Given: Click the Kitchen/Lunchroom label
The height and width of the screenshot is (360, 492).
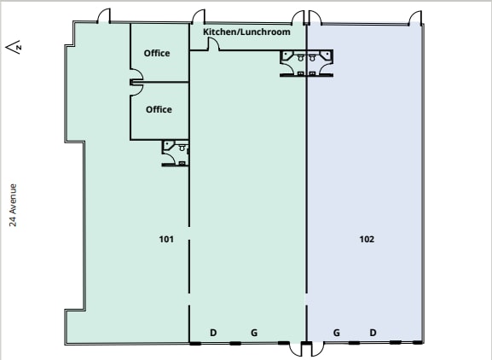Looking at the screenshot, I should tap(246, 32).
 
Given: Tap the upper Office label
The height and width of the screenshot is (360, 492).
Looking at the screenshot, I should tap(157, 53).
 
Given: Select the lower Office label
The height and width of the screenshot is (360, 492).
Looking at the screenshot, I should tap(159, 109).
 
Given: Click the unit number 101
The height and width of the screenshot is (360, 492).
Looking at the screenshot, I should tap(166, 240).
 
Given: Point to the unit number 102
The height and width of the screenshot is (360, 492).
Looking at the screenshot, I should tap(367, 240).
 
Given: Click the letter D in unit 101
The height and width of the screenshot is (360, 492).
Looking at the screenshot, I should tap(213, 332).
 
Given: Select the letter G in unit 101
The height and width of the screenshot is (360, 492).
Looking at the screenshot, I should tap(253, 332).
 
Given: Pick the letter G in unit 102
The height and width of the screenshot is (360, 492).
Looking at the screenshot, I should tap(337, 332).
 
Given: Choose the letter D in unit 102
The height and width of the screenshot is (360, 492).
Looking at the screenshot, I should tap(373, 332).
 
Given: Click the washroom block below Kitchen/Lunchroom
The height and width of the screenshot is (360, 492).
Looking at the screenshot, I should tap(306, 62).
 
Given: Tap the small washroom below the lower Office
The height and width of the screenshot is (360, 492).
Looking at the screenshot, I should tap(176, 152).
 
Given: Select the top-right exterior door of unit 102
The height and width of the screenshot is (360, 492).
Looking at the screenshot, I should tap(415, 18).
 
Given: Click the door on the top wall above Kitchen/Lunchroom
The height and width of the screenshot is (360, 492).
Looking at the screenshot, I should tap(199, 17).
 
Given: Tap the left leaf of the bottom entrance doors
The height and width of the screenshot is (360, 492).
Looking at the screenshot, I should tap(297, 349).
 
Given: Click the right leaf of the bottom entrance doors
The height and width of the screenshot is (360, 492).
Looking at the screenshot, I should tap(316, 349).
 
